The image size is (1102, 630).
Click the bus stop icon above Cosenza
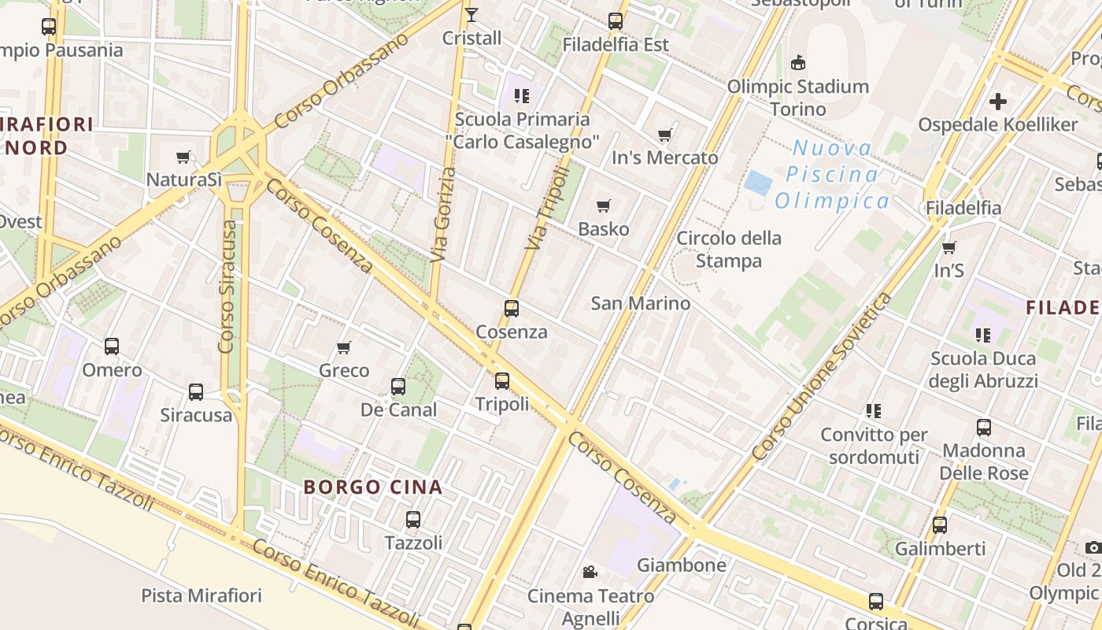point(512,309)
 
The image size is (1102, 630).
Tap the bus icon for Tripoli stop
point(502,381)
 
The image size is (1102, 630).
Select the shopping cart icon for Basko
point(604,206)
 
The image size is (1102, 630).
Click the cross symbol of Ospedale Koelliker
point(998,102)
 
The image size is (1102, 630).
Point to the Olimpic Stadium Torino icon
point(798,63)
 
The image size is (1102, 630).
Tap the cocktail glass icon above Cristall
point(471,15)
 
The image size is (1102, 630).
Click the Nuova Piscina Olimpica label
point(832,175)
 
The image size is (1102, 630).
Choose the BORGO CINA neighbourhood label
point(373,487)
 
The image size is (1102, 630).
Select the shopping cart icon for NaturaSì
point(184,157)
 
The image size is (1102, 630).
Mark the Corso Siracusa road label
point(227,287)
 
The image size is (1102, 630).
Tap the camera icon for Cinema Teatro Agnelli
point(590,573)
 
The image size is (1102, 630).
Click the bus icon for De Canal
point(398,387)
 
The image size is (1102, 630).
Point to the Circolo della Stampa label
point(729,249)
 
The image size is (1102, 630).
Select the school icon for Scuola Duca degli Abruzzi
point(983,335)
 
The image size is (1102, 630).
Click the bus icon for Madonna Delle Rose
point(984,428)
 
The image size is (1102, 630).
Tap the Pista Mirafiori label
point(202,595)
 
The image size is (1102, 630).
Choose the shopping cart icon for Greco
point(344,347)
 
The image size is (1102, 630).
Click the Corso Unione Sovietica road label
point(823,377)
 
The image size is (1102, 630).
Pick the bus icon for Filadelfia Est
point(616,21)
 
